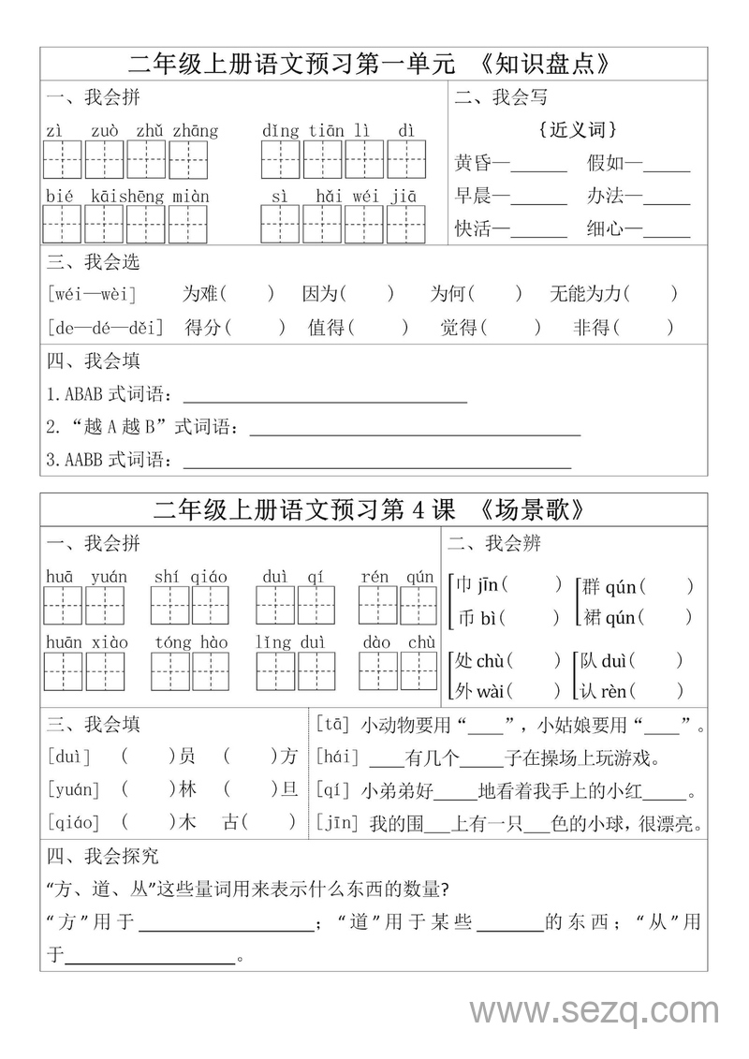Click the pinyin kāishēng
128,197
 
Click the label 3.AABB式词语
109,460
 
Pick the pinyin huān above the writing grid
62,642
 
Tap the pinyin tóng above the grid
173,642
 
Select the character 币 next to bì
463,618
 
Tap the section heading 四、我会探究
103,856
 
